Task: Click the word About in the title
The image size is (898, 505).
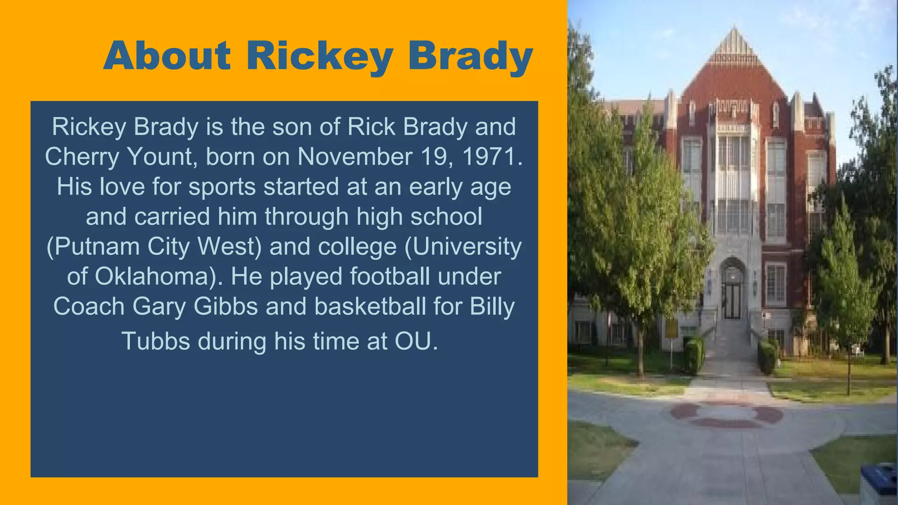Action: (167, 56)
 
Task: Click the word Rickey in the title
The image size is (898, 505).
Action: (320, 57)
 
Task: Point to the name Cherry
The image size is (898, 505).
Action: (82, 157)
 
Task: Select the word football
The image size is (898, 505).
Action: (390, 277)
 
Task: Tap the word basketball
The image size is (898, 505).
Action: (370, 306)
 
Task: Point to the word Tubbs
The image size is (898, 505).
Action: (156, 341)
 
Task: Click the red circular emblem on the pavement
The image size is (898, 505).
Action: (727, 414)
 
